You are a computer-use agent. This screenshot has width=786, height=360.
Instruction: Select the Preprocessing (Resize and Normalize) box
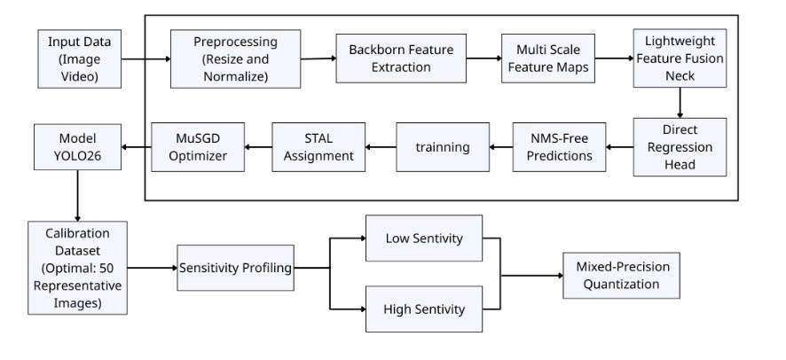coord(235,59)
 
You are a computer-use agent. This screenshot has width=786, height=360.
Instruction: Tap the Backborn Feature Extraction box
coord(401,58)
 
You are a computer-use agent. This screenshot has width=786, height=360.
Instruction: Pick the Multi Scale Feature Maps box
coord(546,58)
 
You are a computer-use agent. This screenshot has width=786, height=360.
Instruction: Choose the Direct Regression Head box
coord(679,146)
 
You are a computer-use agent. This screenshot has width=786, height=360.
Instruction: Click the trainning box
coord(443,146)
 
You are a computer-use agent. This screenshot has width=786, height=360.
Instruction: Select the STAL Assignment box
coord(318,146)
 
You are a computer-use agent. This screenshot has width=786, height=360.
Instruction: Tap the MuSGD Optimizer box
coord(196,146)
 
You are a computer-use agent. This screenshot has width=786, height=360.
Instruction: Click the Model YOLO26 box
coord(78,146)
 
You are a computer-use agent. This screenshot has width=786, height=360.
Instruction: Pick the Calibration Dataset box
coord(76,267)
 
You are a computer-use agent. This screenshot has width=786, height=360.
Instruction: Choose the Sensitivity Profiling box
coord(236,267)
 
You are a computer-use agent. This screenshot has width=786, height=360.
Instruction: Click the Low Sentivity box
coord(423,238)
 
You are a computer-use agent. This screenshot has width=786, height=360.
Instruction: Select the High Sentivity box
coord(423,309)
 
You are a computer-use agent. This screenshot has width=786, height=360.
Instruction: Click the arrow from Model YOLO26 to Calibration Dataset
coord(78,196)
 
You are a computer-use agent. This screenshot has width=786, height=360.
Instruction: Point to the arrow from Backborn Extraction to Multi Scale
coord(484,58)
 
